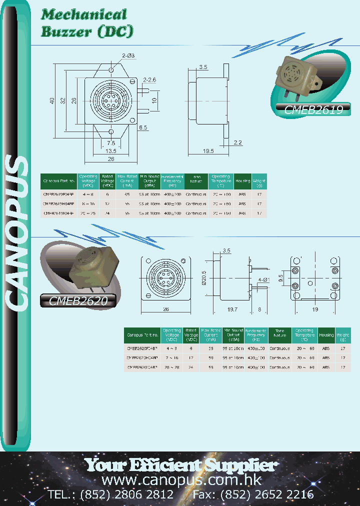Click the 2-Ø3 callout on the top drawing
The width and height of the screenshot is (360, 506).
coord(128,55)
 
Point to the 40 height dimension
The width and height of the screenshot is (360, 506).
coord(52,100)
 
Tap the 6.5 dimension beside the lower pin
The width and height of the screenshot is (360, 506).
coord(143,127)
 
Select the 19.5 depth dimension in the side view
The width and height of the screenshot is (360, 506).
coord(208,151)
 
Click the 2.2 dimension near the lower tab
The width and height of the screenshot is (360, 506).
coord(237,142)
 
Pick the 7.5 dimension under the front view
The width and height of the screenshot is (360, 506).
coord(111,143)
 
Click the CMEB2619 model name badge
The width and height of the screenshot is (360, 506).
coord(314,110)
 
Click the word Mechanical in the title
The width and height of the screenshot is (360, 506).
coord(84,14)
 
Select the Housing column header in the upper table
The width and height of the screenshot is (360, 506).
coord(242,181)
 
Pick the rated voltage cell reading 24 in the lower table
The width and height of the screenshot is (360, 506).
coord(190,367)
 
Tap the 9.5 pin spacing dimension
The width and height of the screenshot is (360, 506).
coord(281,276)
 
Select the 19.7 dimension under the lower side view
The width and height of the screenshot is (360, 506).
coord(231,310)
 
